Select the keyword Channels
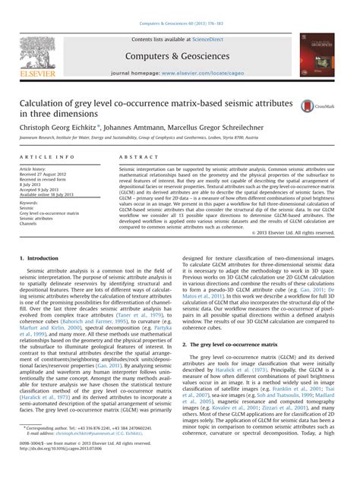(31, 225)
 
